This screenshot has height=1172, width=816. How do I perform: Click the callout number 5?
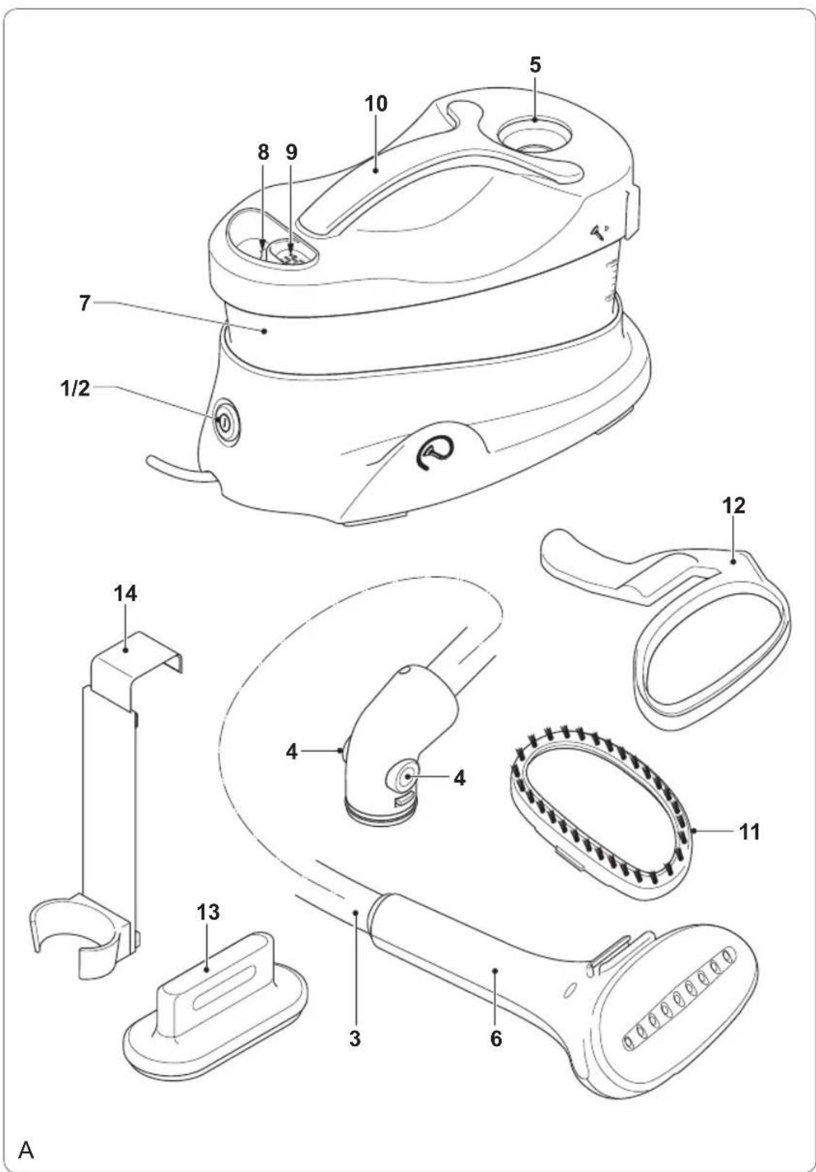tap(535, 65)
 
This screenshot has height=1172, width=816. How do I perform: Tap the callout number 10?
tap(376, 103)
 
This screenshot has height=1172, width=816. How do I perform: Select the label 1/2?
tap(75, 388)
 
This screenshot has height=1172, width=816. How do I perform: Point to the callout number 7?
tap(85, 303)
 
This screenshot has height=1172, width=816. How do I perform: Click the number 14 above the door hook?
tap(126, 593)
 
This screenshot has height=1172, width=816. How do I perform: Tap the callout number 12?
tap(734, 506)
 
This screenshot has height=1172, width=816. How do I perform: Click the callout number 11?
tap(749, 831)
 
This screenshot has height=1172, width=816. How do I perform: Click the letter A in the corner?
tap(26, 1150)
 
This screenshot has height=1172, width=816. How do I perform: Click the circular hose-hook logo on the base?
tap(433, 451)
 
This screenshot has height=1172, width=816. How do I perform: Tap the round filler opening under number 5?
tap(534, 135)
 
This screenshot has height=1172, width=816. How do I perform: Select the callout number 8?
tap(263, 152)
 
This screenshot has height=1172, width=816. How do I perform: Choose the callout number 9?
tap(292, 152)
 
